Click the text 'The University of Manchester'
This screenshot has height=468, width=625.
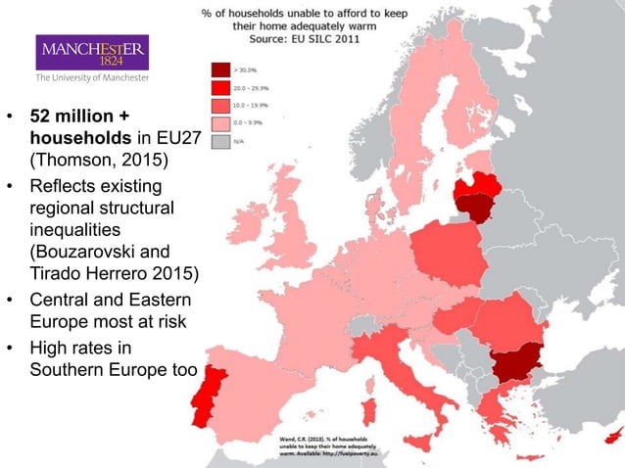click(x=93, y=77)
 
